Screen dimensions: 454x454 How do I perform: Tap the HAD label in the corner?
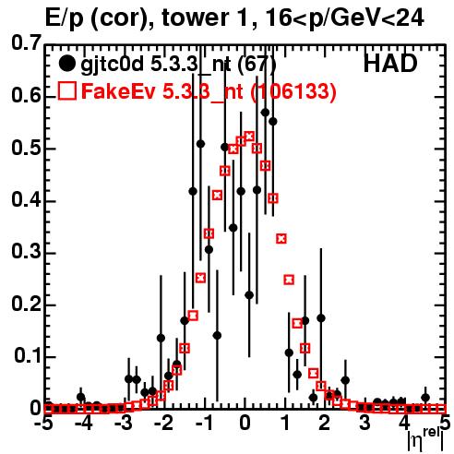click(x=390, y=64)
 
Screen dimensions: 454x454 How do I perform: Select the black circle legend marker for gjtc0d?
click(x=66, y=64)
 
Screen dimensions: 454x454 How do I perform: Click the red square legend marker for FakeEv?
click(x=66, y=91)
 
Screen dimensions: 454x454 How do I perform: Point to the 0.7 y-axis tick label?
click(x=26, y=42)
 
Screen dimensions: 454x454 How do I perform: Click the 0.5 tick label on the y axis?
click(x=26, y=149)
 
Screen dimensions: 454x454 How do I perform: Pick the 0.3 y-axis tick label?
click(x=26, y=252)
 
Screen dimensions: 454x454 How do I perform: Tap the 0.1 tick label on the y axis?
click(x=27, y=356)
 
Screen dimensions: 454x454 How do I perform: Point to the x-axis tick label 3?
click(x=364, y=424)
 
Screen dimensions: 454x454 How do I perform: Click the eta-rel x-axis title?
click(x=425, y=439)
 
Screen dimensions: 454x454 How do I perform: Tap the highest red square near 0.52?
click(x=249, y=136)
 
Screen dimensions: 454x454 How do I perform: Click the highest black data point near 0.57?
click(x=265, y=113)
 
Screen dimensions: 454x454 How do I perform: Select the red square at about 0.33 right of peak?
click(x=281, y=238)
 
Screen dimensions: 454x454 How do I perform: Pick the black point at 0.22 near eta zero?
click(x=249, y=295)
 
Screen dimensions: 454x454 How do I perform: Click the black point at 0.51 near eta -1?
click(x=200, y=144)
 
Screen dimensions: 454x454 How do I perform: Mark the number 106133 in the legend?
click(x=293, y=91)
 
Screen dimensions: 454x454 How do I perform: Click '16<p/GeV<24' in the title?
click(x=343, y=18)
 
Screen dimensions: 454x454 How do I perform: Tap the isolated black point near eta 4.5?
click(x=425, y=398)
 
